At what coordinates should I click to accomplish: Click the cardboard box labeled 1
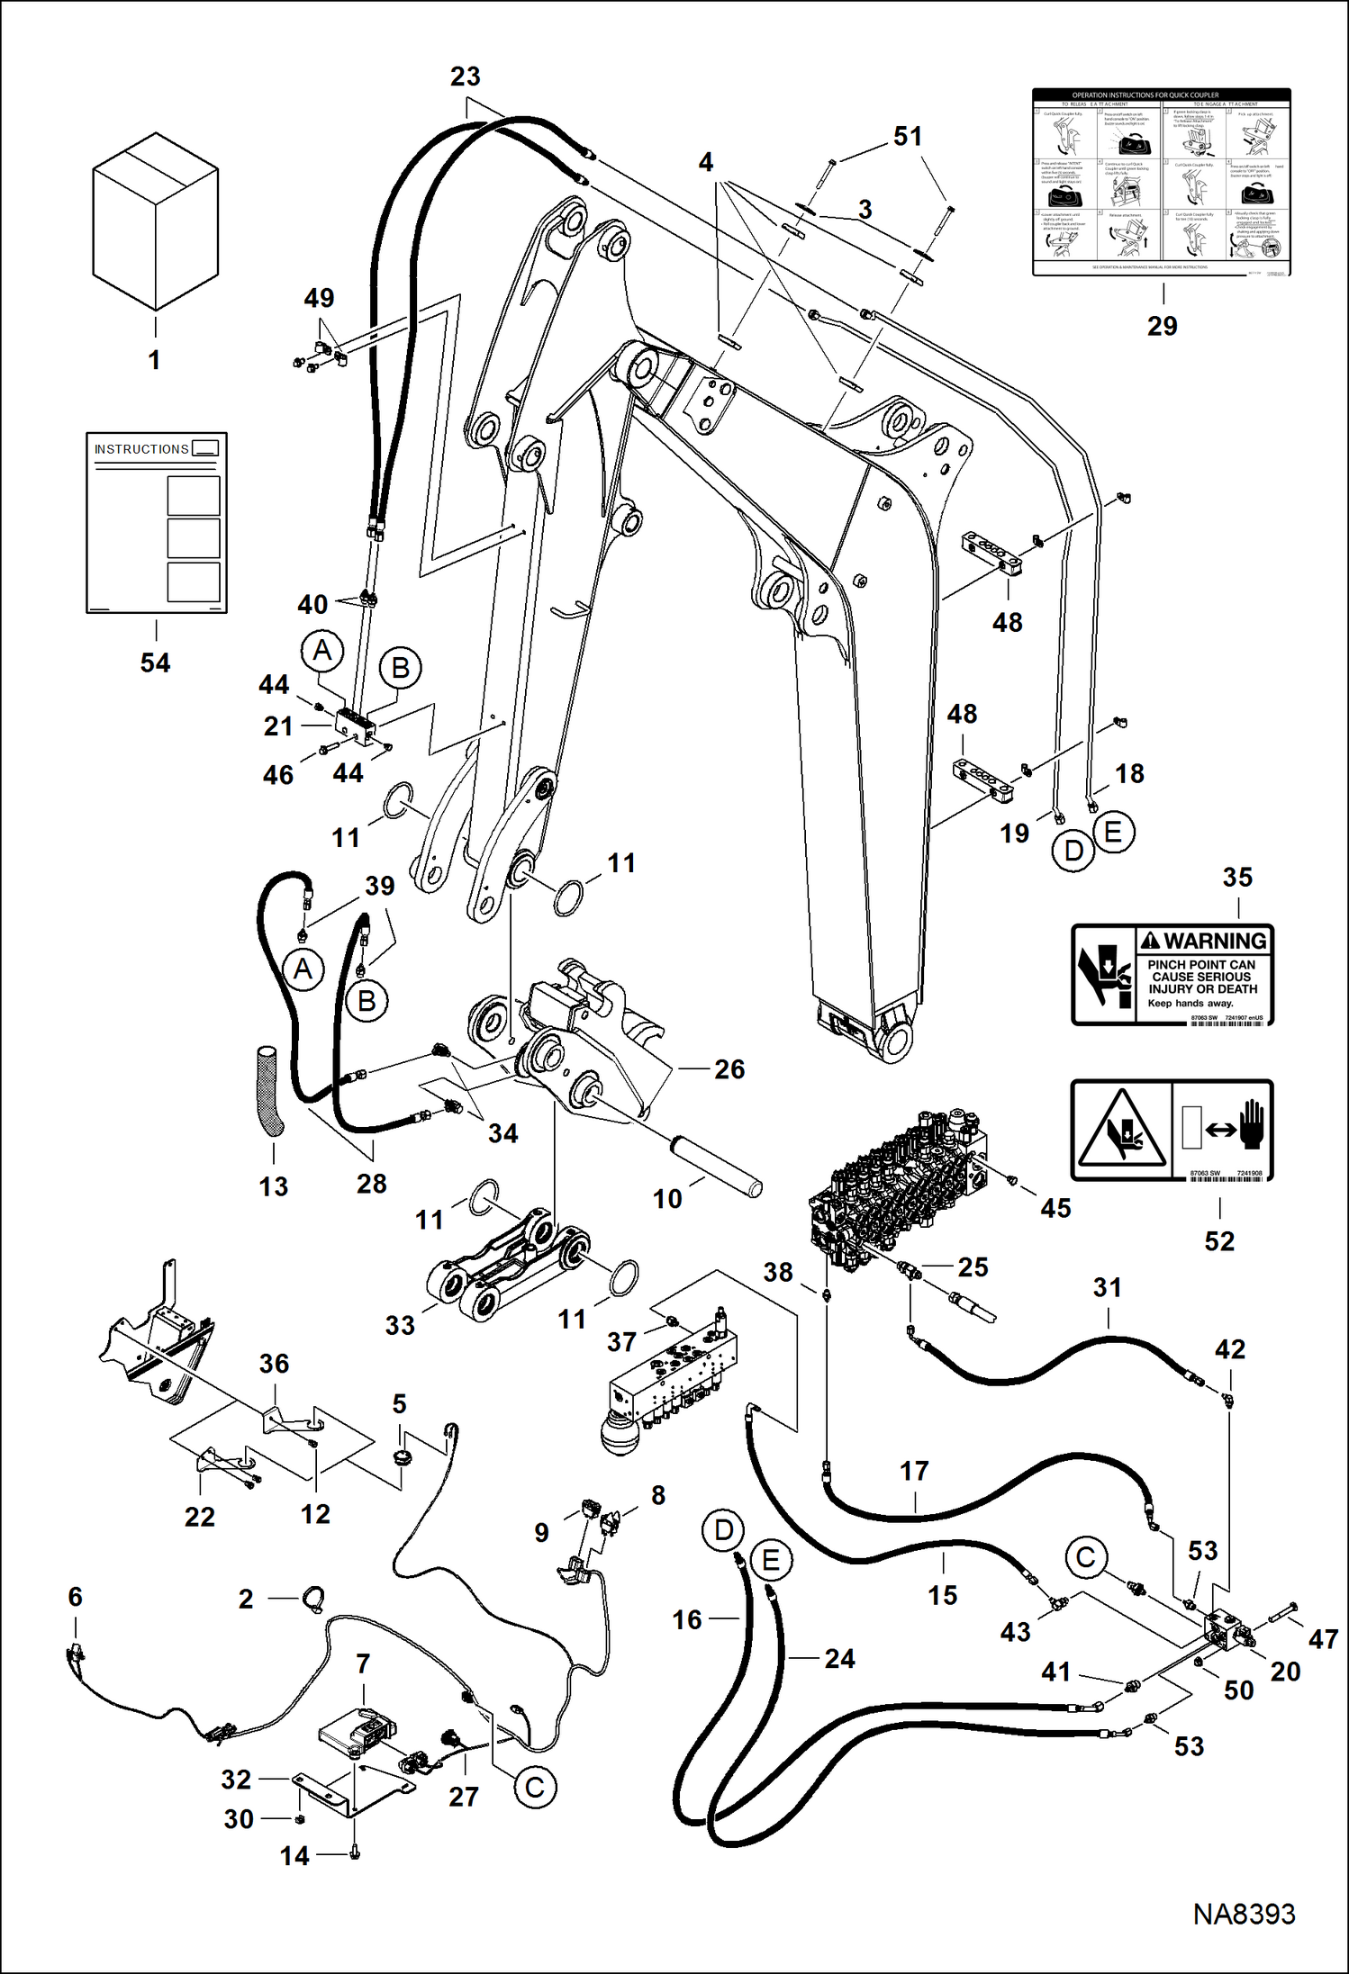155,221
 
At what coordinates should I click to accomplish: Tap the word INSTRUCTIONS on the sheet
141,449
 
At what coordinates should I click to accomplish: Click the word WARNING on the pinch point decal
1214,941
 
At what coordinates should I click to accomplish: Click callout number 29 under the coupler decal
1162,326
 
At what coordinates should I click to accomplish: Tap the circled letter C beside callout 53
1085,1557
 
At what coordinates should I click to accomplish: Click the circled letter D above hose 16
724,1530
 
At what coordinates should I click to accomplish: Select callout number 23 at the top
465,77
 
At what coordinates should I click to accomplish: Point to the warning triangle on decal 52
1120,1130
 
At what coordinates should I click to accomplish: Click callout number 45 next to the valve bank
1055,1208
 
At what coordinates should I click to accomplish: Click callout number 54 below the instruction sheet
155,663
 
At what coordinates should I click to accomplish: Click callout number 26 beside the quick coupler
729,1069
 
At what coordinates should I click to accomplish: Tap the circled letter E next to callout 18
1113,832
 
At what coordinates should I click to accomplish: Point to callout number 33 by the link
400,1325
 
